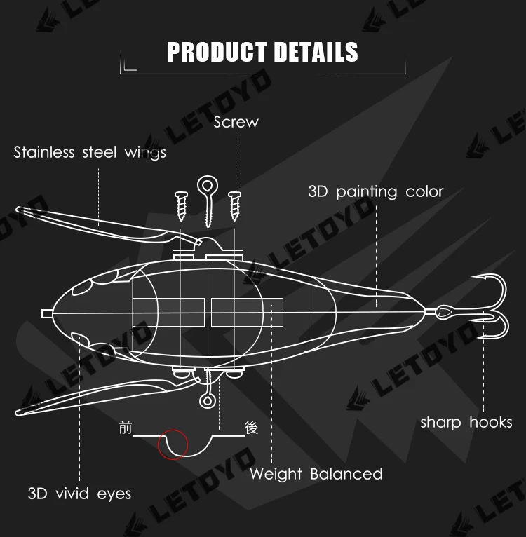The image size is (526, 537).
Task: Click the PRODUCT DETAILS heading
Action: tap(262, 53)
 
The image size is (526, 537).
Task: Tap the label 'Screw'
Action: tap(236, 122)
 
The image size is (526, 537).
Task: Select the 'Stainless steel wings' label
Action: tap(90, 152)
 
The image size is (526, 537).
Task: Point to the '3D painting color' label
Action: tap(376, 191)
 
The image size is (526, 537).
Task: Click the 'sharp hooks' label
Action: tap(466, 422)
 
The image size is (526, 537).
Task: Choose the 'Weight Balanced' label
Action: tap(316, 474)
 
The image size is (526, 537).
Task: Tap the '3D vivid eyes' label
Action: tap(79, 494)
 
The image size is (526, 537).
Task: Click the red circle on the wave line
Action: tap(173, 444)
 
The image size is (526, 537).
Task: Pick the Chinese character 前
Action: tap(126, 428)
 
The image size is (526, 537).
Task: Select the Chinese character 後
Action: tap(251, 428)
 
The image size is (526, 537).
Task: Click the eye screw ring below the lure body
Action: tap(208, 400)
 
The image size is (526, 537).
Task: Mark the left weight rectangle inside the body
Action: tap(168, 312)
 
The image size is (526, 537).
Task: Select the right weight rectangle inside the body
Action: tap(247, 312)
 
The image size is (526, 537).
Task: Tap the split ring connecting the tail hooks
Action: tap(445, 312)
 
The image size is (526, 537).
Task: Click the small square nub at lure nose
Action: tap(46, 313)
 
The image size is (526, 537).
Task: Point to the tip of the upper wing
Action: tap(20, 208)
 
